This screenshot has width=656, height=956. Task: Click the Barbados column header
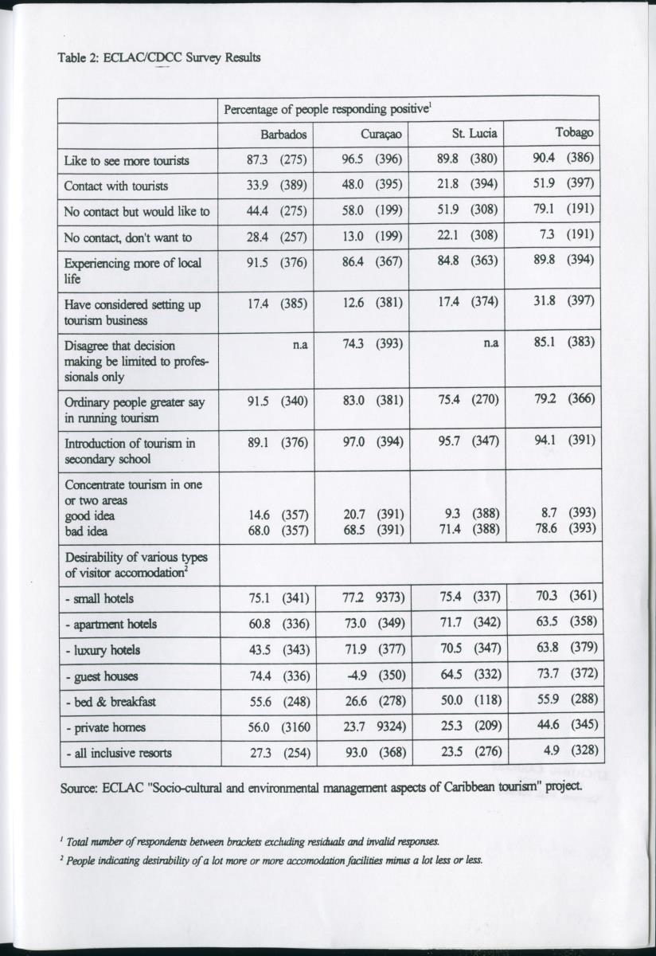[x=283, y=134]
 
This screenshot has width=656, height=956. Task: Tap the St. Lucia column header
[x=474, y=134]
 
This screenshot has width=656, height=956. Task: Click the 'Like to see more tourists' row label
[x=127, y=160]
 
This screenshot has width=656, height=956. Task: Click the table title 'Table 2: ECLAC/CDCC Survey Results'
[x=159, y=57]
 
